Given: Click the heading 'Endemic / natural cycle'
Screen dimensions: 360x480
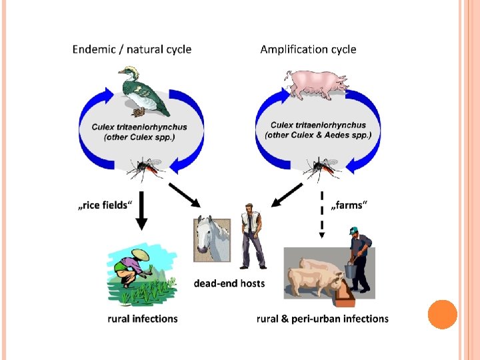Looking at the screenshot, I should (131, 49).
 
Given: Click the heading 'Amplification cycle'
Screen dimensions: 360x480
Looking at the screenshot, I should (308, 49).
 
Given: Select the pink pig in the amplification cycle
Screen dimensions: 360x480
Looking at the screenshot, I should (316, 83).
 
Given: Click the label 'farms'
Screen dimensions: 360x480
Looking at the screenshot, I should (347, 205).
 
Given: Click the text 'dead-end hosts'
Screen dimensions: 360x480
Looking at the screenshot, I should (229, 283).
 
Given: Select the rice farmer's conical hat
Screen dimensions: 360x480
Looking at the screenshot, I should (141, 255).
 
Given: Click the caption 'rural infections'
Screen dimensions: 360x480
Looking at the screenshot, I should (143, 319).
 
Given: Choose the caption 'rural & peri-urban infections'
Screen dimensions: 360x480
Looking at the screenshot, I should (323, 319).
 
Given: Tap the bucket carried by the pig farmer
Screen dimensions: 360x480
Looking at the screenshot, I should (349, 271).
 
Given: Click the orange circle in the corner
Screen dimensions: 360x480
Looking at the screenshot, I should (441, 314).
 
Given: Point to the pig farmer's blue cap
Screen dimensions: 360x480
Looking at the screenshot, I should (354, 231).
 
